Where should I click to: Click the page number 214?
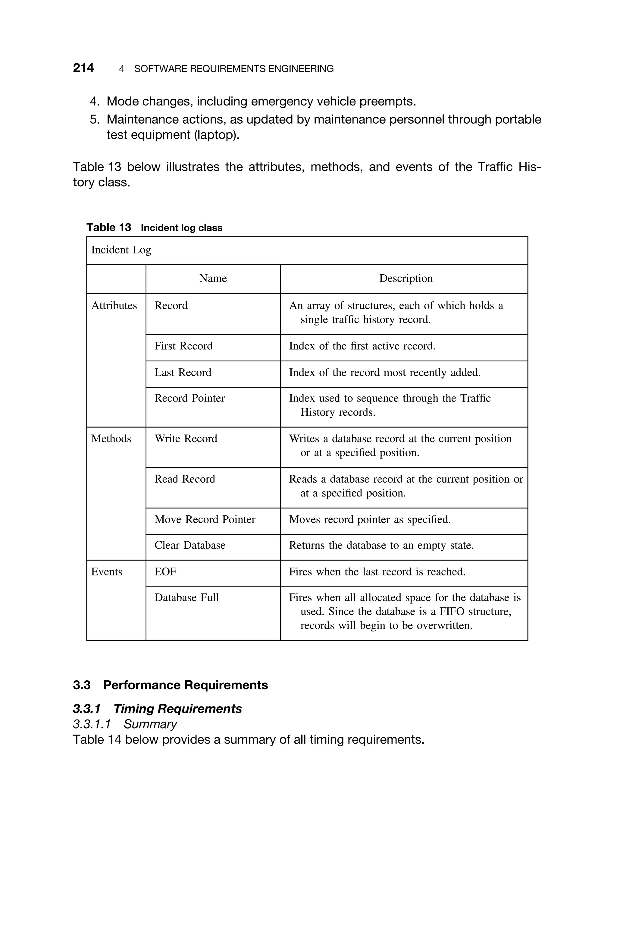pos(83,68)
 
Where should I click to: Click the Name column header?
pos(213,278)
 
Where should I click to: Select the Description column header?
pos(406,278)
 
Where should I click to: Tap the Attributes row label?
pos(114,306)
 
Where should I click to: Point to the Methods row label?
pos(111,439)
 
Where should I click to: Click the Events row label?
pos(107,572)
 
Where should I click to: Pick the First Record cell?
pos(183,346)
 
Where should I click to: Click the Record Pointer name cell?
pos(190,398)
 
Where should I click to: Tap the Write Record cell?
pos(186,439)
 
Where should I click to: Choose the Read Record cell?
pos(185,479)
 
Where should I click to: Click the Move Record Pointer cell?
pos(205,520)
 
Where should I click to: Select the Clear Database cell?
pos(190,546)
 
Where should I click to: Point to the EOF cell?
pos(165,572)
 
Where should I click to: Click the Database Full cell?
pos(186,598)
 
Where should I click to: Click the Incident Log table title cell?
pos(121,250)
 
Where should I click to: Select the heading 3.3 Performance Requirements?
pos(171,685)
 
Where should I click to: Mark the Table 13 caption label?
pos(108,228)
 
